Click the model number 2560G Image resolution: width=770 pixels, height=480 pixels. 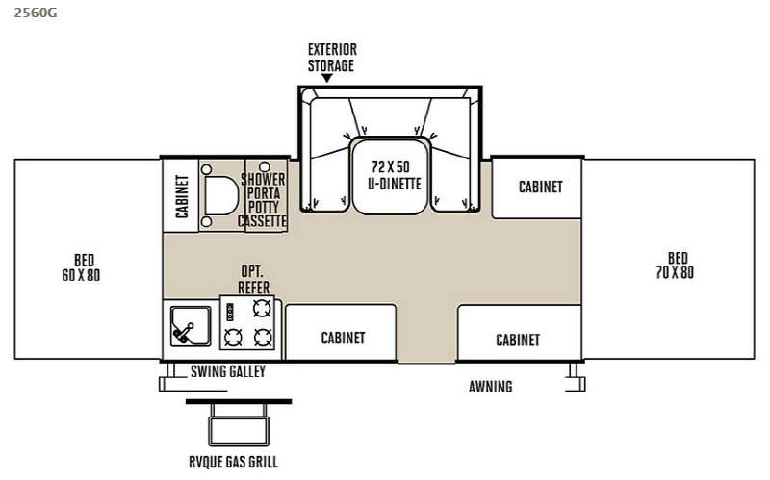[36, 13]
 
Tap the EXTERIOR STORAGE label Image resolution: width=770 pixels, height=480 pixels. [332, 58]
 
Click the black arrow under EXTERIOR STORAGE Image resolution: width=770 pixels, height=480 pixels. [327, 78]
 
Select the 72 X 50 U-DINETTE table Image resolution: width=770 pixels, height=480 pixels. [391, 176]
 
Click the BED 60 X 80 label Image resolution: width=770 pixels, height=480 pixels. [82, 267]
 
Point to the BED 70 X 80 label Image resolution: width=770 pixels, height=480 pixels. [676, 265]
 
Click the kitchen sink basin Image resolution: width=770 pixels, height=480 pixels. [191, 326]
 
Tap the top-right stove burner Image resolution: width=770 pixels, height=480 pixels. [262, 308]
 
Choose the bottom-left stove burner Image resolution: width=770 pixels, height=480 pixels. [233, 338]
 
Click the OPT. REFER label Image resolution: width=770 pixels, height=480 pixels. [253, 280]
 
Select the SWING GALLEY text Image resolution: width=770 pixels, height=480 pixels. [228, 371]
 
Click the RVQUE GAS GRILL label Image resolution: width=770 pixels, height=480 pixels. [234, 462]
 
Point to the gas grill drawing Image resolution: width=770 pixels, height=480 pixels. [239, 422]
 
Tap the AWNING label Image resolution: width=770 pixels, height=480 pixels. [491, 387]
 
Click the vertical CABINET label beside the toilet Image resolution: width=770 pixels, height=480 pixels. [182, 196]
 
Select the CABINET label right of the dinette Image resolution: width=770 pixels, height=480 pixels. [541, 187]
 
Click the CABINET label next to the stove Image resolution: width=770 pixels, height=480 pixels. [344, 338]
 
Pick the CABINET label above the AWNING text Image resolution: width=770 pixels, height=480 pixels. [518, 340]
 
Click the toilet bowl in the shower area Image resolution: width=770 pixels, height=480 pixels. [220, 195]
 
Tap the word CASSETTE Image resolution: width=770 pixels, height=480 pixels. [262, 221]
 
